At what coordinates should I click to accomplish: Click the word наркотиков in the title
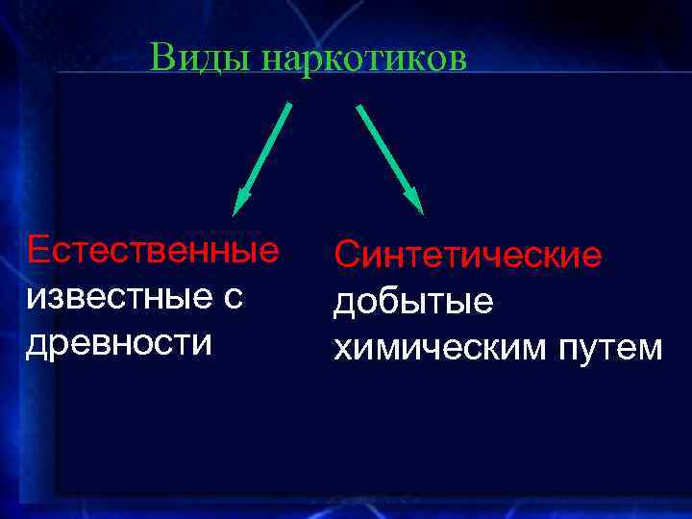364,60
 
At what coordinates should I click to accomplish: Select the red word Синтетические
468,256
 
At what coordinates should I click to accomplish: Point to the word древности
119,343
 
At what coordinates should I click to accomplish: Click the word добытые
413,304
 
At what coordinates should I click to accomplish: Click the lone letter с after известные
235,298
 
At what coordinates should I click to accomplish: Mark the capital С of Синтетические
346,256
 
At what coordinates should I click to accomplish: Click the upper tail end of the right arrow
358,106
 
